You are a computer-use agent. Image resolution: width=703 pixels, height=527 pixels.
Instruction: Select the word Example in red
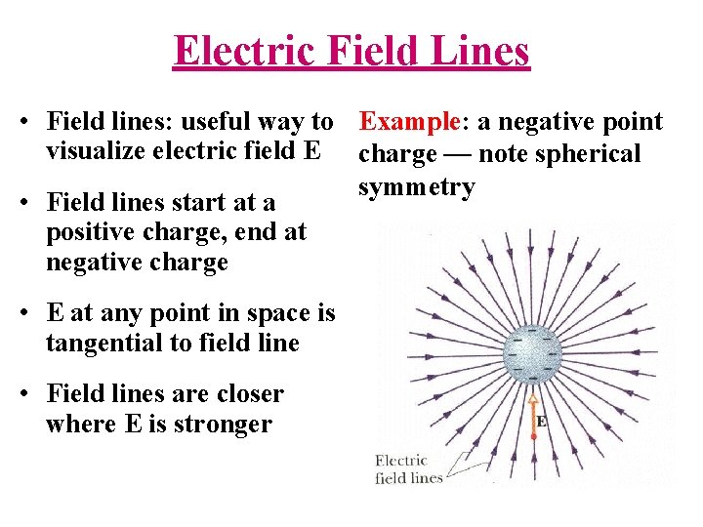point(409,122)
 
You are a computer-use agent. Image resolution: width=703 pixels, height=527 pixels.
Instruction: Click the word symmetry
point(416,186)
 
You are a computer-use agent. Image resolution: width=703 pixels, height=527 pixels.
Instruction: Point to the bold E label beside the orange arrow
point(539,422)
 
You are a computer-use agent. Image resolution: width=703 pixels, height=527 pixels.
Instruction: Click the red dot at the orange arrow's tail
point(532,436)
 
